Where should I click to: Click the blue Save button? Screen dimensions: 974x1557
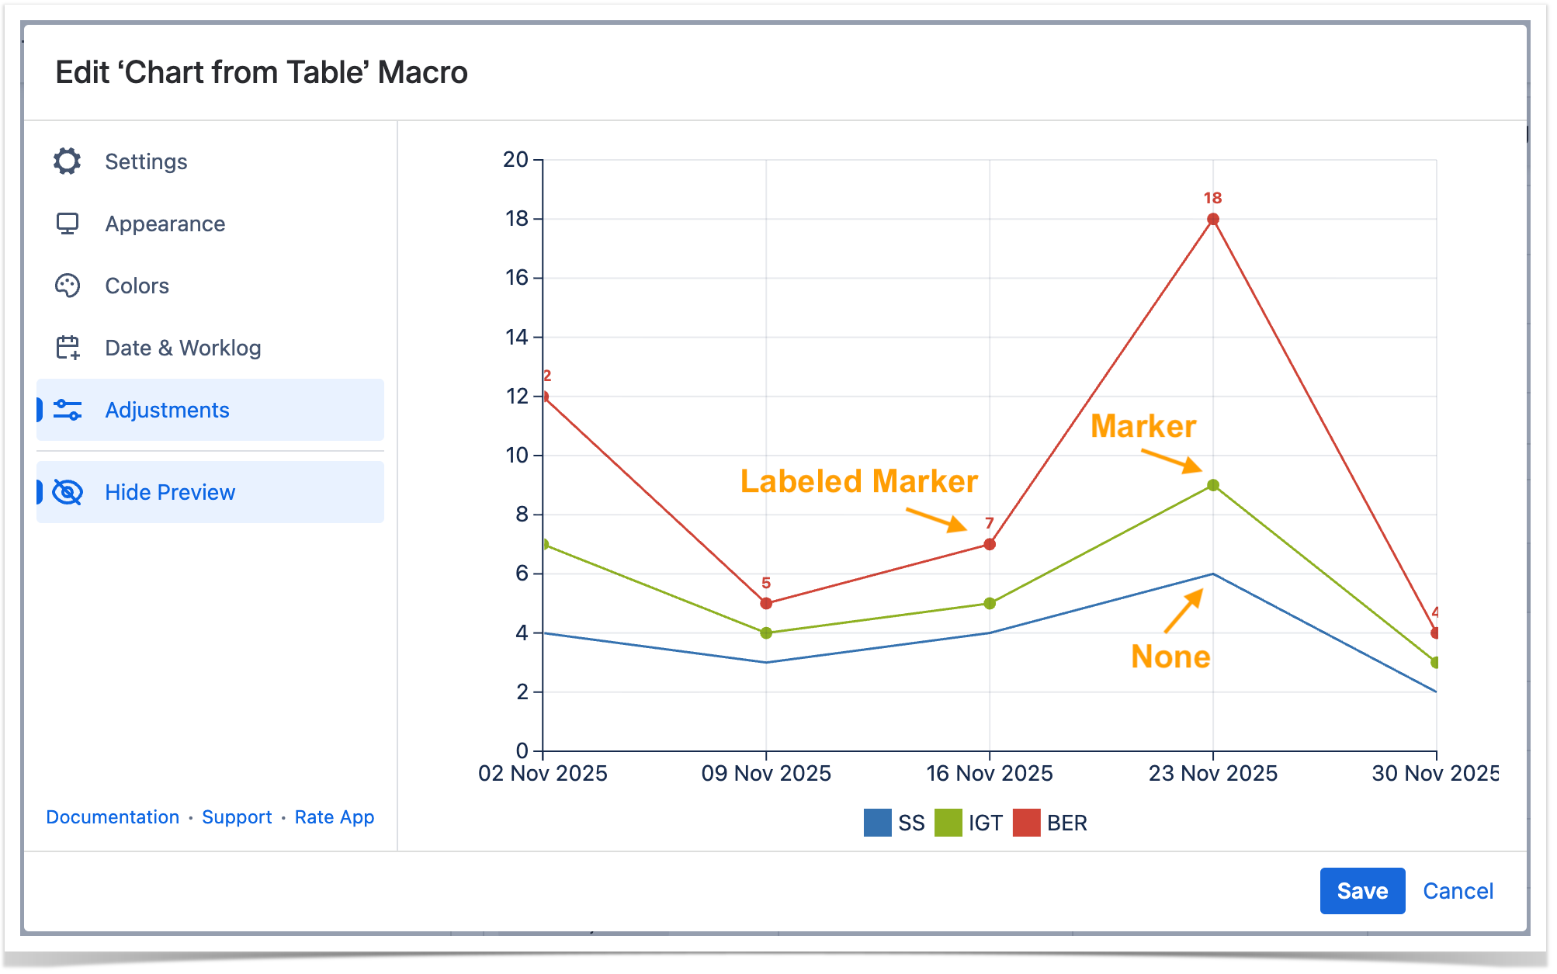[1361, 890]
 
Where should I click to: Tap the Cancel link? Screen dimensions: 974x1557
[1458, 891]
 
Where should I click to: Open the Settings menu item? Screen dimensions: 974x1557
[146, 161]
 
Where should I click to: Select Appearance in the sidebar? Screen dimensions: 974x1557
[165, 224]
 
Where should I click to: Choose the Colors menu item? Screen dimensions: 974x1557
[137, 286]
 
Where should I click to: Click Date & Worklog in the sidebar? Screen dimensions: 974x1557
[182, 348]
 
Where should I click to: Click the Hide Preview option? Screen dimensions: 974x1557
[170, 492]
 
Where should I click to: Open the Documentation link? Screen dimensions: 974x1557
[113, 817]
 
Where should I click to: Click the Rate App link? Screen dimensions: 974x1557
[335, 817]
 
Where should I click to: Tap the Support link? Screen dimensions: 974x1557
[237, 817]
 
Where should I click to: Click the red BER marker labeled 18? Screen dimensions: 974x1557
[1213, 220]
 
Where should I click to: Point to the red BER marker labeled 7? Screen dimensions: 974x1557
[990, 544]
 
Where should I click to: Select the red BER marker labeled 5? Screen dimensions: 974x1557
[766, 603]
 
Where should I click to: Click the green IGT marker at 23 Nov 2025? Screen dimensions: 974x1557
[1213, 485]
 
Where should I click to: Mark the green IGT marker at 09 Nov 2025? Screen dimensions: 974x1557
[766, 633]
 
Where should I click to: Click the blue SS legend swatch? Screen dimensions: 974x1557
[877, 823]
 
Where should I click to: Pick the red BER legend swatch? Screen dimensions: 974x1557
[1026, 823]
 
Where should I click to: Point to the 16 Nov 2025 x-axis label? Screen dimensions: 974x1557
[990, 773]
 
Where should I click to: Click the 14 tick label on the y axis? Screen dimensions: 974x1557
[517, 337]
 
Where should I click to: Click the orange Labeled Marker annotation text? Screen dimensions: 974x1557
[858, 481]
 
